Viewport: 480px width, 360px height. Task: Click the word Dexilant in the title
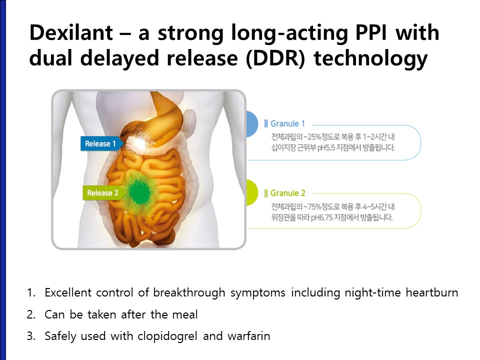(x=71, y=32)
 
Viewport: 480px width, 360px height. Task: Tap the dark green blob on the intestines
(x=139, y=192)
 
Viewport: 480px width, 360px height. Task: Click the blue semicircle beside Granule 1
(x=252, y=123)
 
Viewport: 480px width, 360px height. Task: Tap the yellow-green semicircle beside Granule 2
(x=252, y=192)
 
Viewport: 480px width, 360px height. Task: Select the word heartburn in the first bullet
(x=432, y=292)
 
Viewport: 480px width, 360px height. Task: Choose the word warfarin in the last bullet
(x=249, y=336)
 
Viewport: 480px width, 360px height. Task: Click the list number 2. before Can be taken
(x=31, y=314)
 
